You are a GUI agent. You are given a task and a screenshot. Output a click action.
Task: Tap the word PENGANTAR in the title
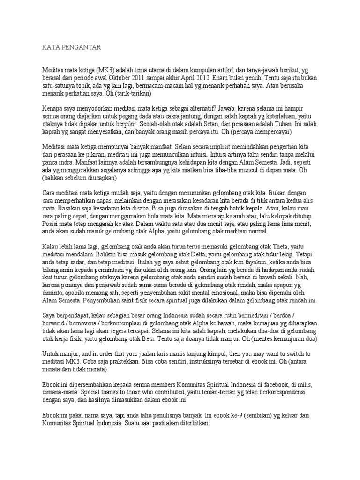82,47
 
